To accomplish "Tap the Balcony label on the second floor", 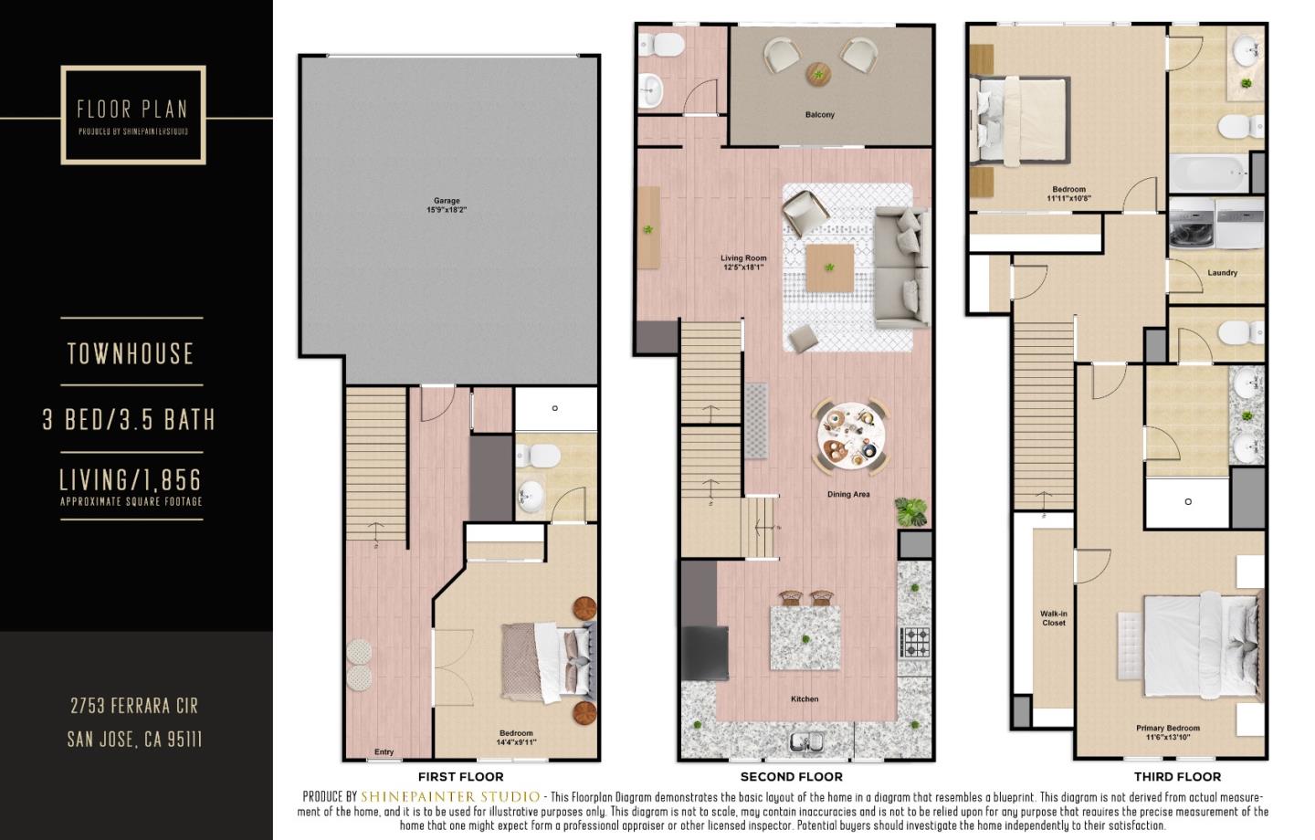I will click(819, 115).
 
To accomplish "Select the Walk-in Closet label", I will click(1053, 618).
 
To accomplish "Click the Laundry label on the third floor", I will click(1222, 273).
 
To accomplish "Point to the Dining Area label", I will click(847, 495).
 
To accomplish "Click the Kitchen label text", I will click(804, 699).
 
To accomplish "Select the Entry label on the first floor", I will click(384, 752).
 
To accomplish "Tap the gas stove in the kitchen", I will click(914, 642).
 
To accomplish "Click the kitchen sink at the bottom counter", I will click(807, 743).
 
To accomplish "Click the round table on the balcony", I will click(819, 74).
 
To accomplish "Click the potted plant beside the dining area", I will click(910, 511).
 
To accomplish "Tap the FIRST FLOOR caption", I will click(460, 777).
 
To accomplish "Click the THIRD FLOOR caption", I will click(1176, 777).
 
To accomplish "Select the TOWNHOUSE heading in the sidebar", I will click(131, 354).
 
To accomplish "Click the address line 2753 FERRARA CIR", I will click(134, 706).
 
